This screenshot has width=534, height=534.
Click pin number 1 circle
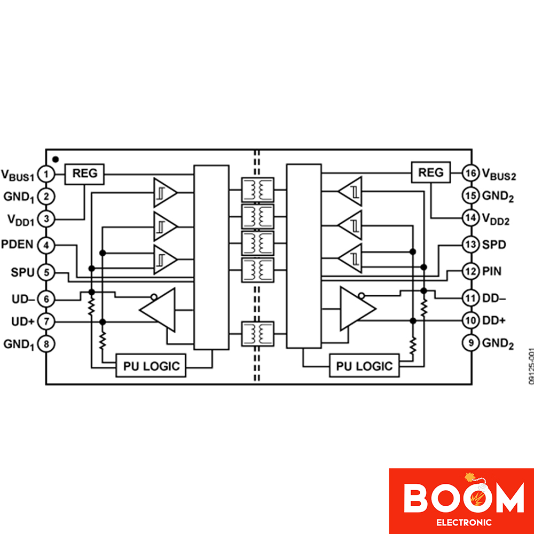point(46,175)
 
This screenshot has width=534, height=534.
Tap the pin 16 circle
point(471,173)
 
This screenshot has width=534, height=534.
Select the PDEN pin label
point(18,244)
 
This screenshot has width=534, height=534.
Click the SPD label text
point(494,245)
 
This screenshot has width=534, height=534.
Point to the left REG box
point(84,174)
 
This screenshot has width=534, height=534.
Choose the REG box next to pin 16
point(431,172)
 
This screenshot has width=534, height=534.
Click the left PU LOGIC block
point(151,366)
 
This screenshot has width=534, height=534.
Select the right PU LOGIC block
point(364,366)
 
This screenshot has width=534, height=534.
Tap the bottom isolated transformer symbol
point(257,334)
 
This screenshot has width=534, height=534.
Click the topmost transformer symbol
point(257,190)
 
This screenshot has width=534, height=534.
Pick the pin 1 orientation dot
point(56,159)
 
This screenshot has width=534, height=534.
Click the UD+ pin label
point(23,321)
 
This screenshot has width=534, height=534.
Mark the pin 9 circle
point(471,343)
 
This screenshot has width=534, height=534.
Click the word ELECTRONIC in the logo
point(464,522)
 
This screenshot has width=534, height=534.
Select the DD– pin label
point(494,299)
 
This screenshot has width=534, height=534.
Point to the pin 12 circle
point(471,271)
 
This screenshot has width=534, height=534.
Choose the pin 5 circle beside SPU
point(46,272)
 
